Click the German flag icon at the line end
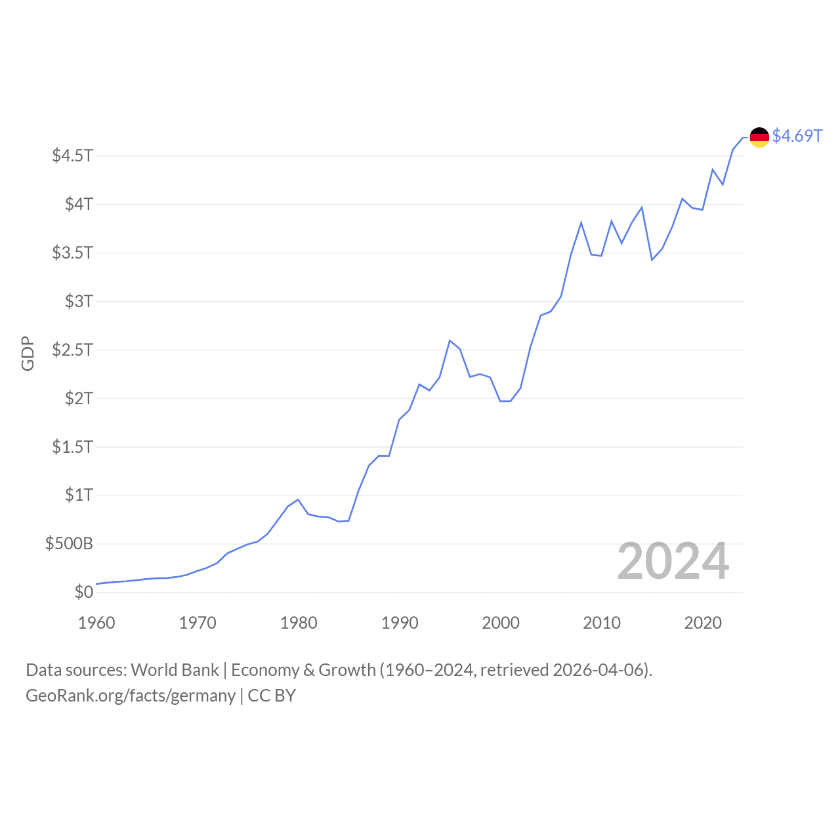(759, 137)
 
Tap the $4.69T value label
(797, 136)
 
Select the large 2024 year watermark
(673, 562)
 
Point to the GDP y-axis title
(28, 354)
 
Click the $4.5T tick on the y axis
(73, 156)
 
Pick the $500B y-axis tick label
(69, 543)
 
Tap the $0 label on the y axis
(84, 592)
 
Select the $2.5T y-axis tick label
(73, 349)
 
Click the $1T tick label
(79, 495)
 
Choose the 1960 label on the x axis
(96, 623)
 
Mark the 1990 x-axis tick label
(400, 623)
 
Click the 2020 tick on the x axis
(703, 623)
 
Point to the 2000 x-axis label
(501, 623)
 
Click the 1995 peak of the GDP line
(450, 341)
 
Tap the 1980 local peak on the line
(298, 499)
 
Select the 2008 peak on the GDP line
(581, 222)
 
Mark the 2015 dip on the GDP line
(652, 260)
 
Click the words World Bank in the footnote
(175, 670)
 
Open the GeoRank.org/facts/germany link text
(131, 696)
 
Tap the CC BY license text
(272, 696)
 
